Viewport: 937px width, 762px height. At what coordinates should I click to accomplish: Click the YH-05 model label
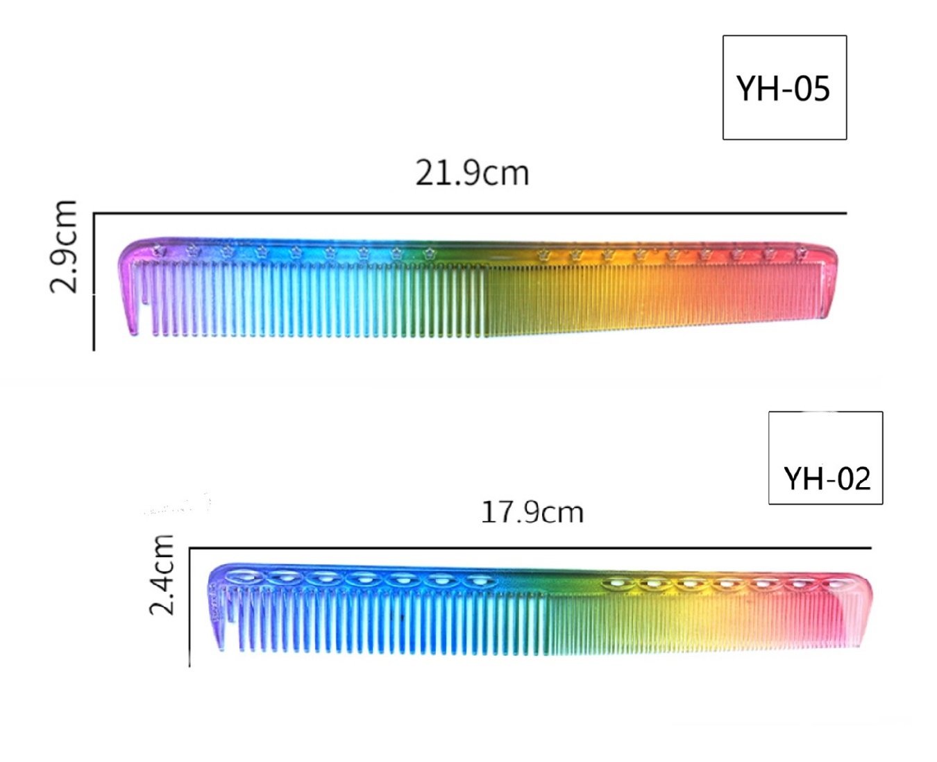pos(784,90)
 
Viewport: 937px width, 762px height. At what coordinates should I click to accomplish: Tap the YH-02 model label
pos(827,479)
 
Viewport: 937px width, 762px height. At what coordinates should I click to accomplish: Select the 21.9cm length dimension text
pos(472,173)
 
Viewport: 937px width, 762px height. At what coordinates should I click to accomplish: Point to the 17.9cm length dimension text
pos(532,512)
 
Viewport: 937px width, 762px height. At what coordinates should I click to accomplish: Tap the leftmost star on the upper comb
pos(158,251)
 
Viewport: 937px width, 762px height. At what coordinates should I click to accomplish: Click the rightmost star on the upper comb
pos(801,253)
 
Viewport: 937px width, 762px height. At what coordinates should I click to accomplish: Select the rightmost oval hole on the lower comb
pos(839,584)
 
